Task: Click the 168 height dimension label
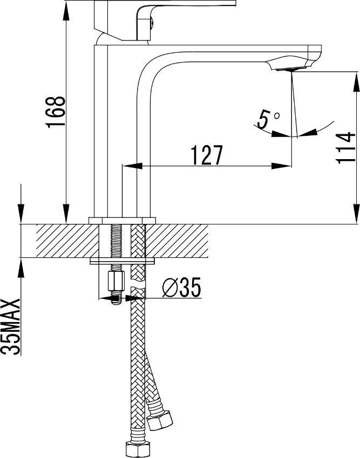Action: coord(55,111)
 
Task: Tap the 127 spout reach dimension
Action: coord(207,155)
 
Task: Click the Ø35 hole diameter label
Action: coord(182,288)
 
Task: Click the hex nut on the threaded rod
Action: coord(116,281)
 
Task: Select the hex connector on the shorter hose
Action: coord(160,420)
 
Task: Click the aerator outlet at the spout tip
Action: coord(291,69)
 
